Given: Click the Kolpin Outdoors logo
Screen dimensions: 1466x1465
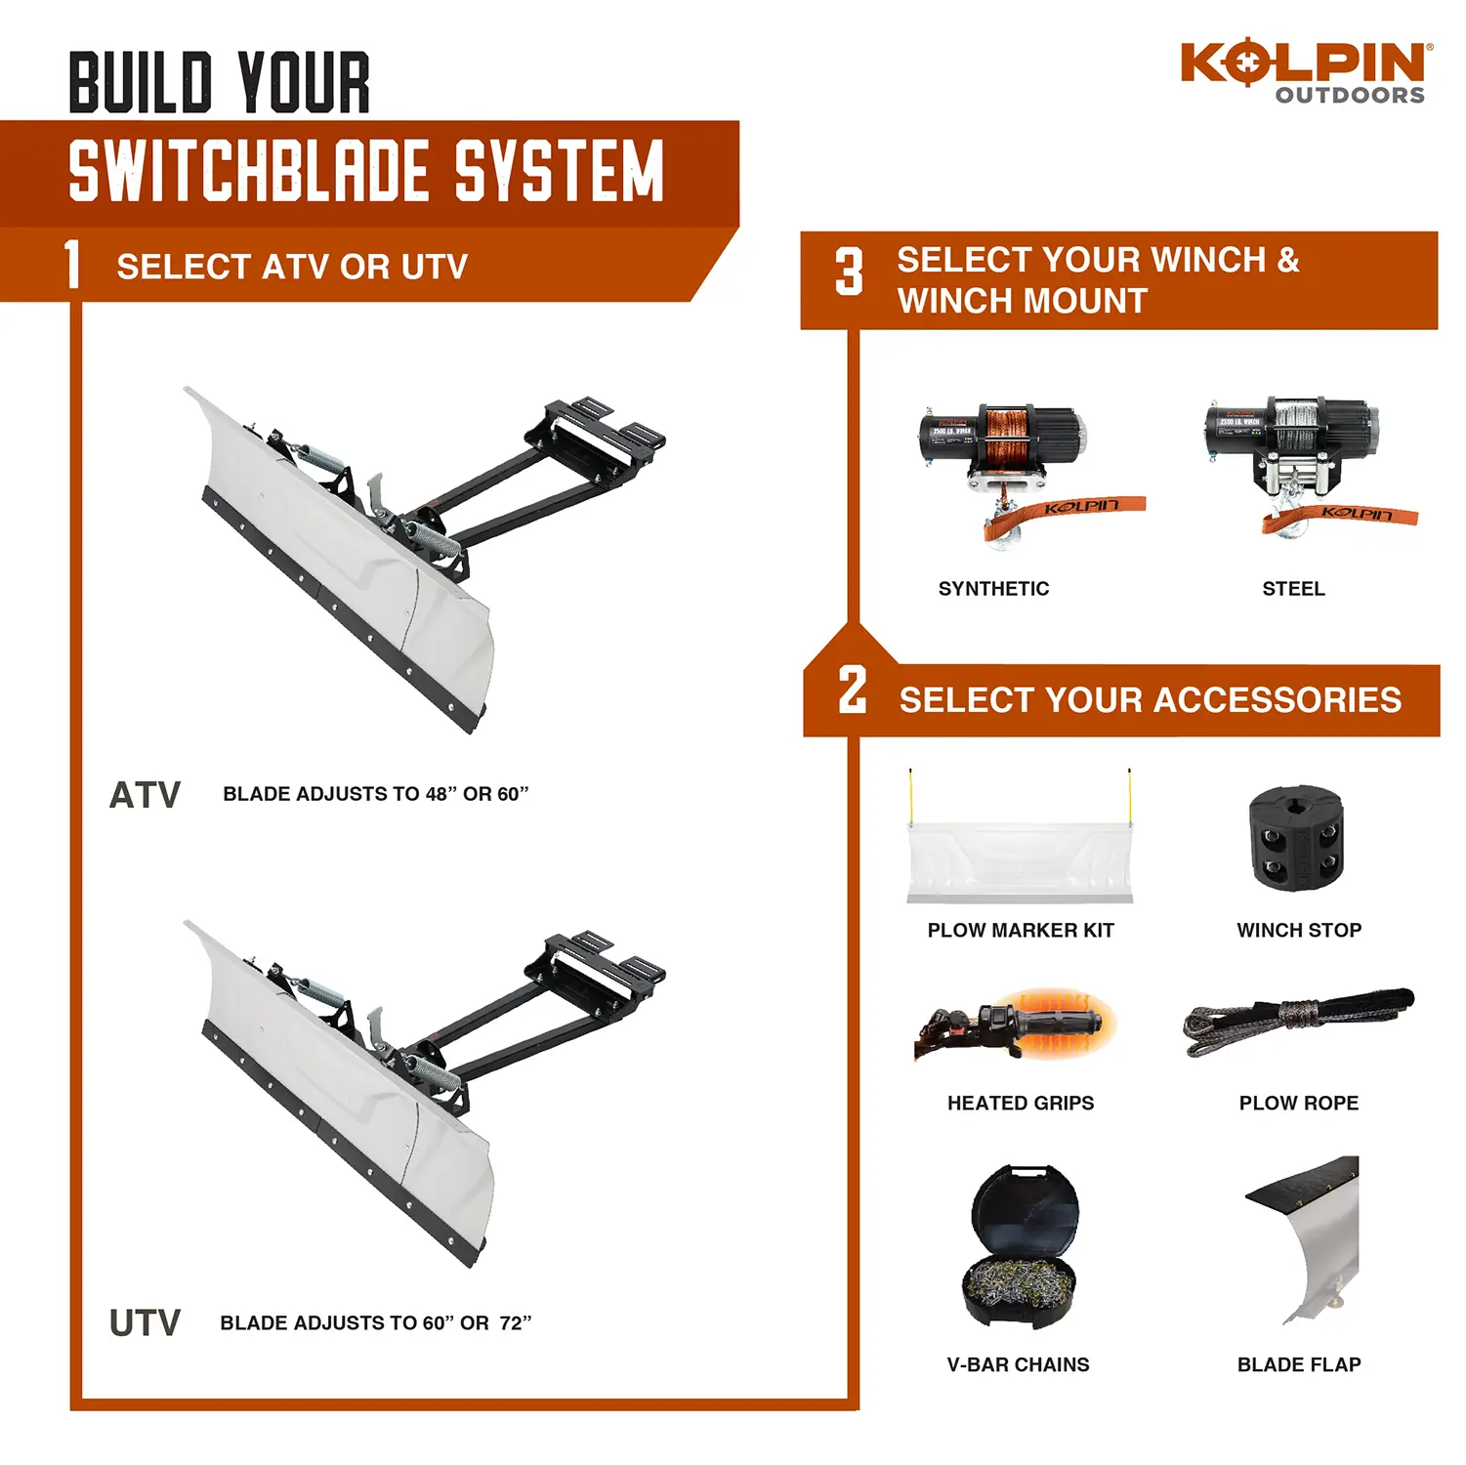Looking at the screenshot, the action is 1307,72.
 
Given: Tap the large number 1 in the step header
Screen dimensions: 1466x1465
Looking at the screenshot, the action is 72,265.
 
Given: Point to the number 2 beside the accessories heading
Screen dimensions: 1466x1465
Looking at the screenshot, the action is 853,691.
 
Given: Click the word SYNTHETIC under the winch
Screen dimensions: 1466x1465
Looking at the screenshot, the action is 993,589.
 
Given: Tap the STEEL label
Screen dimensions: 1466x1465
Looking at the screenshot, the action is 1293,589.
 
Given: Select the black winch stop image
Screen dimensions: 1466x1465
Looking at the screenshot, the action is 1296,841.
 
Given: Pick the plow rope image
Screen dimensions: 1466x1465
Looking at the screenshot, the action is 1298,1022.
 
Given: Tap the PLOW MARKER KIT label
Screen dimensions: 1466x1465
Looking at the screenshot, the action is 1021,931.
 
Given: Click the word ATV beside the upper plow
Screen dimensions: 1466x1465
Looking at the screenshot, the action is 145,795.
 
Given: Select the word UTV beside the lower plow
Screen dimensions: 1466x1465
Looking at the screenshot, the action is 145,1323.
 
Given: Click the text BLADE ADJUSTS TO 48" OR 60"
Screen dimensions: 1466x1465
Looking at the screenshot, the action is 376,794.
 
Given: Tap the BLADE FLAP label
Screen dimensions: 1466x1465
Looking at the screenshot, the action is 1299,1365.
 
